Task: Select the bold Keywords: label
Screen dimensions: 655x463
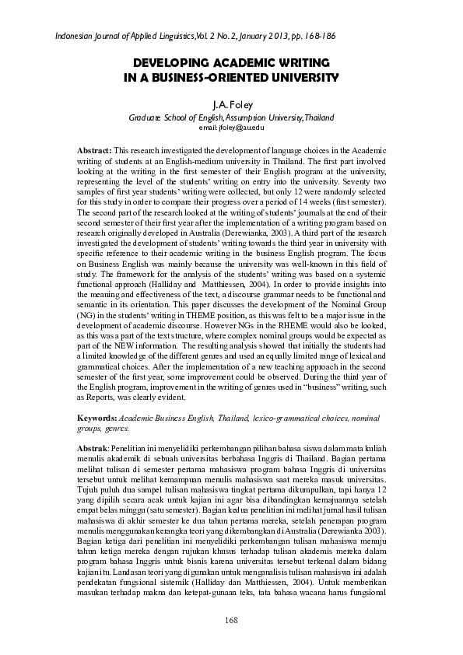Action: click(x=101, y=419)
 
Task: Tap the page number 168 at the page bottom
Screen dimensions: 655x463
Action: click(x=231, y=619)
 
